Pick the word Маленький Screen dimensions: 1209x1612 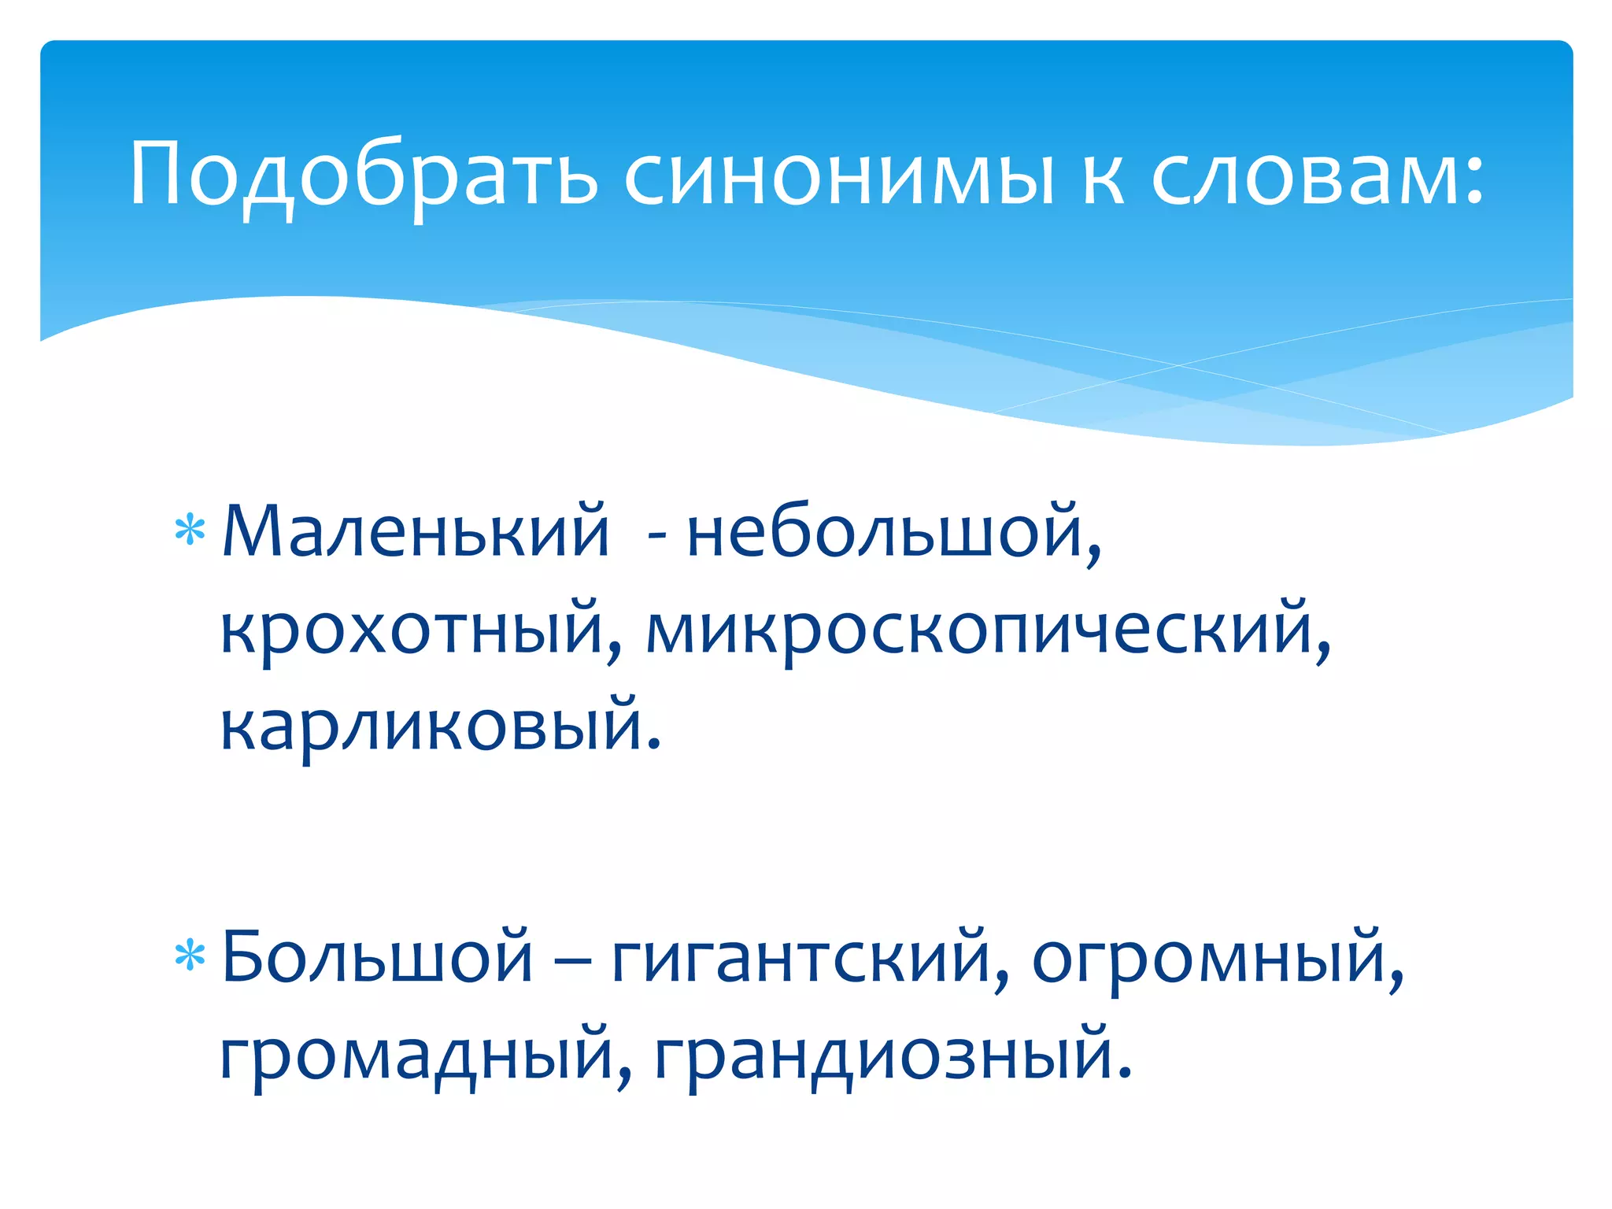[416, 531]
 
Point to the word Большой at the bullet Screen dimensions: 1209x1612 [377, 956]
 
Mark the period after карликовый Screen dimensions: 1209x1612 [653, 744]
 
